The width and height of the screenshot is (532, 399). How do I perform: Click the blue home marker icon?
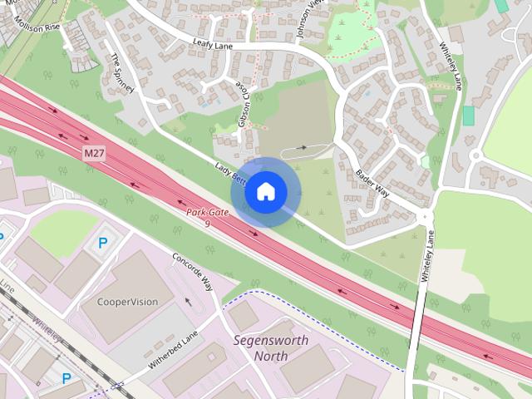265,192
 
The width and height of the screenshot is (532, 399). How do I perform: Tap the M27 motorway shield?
95,154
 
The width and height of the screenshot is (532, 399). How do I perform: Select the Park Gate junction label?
207,214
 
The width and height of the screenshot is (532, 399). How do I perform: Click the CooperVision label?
127,302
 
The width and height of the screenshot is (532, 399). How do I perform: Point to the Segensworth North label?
271,348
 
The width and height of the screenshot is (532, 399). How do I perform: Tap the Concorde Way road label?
193,272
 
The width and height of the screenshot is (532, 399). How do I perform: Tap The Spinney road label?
122,72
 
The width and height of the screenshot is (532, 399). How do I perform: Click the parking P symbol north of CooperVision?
103,244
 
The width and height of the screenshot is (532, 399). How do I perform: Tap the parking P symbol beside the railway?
66,378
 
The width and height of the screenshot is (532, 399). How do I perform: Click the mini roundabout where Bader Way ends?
426,215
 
